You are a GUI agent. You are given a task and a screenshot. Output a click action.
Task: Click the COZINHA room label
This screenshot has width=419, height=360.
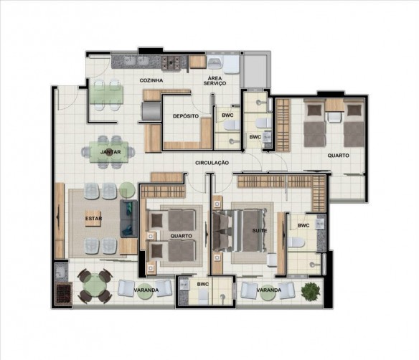click(x=151, y=80)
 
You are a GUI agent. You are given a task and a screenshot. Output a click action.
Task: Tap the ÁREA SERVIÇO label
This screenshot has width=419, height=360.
click(x=215, y=80)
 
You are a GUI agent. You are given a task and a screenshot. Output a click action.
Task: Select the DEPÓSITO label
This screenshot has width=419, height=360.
click(x=186, y=116)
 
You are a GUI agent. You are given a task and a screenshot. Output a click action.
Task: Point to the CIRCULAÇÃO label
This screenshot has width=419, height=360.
click(x=212, y=163)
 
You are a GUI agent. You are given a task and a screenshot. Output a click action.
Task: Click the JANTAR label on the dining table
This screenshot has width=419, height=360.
click(x=110, y=152)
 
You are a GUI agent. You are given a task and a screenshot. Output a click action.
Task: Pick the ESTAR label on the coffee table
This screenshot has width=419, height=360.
click(x=93, y=219)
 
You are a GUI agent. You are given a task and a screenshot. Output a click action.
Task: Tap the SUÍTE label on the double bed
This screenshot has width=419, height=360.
click(x=260, y=230)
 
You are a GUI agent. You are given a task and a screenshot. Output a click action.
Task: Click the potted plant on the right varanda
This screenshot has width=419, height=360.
click(x=310, y=292)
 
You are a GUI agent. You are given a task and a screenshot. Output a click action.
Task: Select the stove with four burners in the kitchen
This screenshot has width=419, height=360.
click(x=171, y=64)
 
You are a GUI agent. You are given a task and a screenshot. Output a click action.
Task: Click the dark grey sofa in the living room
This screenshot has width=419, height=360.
click(x=128, y=219)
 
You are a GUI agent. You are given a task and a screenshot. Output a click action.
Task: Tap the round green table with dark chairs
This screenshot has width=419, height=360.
click(x=95, y=286)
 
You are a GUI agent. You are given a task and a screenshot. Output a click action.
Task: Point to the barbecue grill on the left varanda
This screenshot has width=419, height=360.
click(x=64, y=293)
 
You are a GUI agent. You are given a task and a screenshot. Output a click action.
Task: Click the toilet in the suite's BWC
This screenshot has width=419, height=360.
click(x=296, y=242)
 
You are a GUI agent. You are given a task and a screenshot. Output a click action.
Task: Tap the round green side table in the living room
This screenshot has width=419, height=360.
click(x=127, y=190)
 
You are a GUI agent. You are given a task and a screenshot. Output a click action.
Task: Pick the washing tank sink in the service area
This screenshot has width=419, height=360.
click(x=215, y=64)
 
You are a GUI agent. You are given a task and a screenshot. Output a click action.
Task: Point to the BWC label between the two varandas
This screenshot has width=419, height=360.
click(x=203, y=285)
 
